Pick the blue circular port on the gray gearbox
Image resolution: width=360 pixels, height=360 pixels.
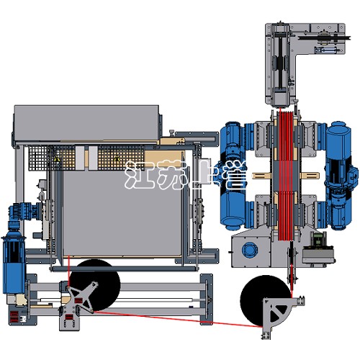pos(250,251)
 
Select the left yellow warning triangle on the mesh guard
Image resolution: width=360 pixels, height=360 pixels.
pos(57,159)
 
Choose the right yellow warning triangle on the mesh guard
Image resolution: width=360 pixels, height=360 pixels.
pos(117,158)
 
